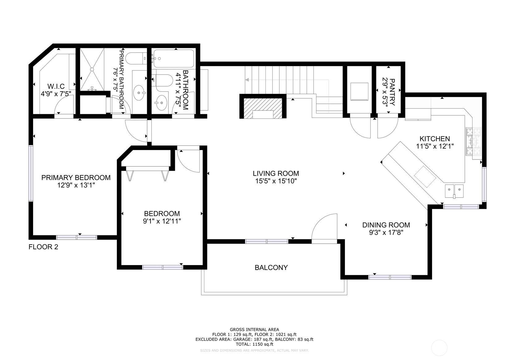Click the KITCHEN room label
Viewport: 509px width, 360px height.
click(435, 139)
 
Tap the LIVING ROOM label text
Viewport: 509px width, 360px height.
click(276, 174)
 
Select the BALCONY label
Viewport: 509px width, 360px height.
click(271, 268)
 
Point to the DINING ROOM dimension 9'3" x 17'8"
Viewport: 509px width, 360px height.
click(386, 233)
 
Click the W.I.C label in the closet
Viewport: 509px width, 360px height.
click(56, 86)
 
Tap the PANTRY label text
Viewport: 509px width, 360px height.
click(392, 92)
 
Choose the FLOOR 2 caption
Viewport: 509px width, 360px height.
click(43, 247)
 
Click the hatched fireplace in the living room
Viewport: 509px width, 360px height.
click(263, 108)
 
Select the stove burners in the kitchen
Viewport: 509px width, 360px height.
click(473, 142)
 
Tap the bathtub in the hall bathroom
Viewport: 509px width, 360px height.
click(174, 58)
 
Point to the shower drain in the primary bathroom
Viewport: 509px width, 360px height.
click(92, 69)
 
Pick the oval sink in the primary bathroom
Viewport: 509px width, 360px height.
click(139, 93)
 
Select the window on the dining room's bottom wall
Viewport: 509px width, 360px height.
click(390, 277)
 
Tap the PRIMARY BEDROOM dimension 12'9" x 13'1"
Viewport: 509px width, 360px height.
click(76, 185)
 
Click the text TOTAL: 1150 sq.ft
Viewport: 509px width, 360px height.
click(255, 344)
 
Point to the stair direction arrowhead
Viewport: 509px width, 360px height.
click(247, 80)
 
